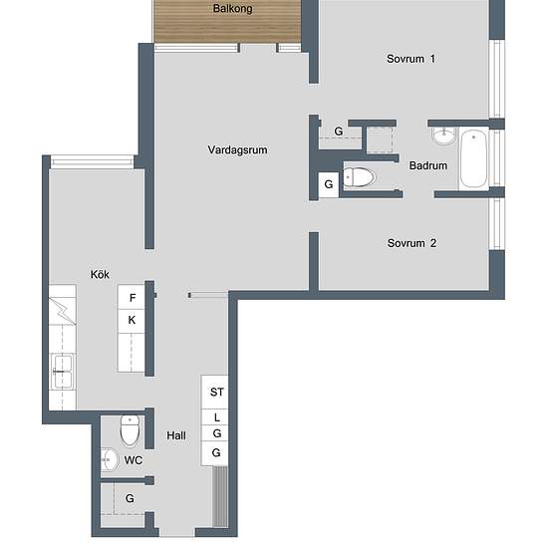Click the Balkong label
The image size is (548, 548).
[x=232, y=8]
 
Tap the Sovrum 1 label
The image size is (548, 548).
[x=411, y=59]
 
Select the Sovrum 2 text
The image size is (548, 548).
[x=411, y=243]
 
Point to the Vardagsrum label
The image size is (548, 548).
[x=237, y=149]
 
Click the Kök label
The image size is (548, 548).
[x=100, y=274]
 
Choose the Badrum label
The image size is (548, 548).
[x=428, y=165]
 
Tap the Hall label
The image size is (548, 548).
[x=176, y=435]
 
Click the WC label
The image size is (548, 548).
[x=134, y=460]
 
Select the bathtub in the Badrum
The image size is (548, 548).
[x=473, y=159]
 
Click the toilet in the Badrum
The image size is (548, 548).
[x=359, y=177]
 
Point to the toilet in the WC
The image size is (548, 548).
[x=130, y=430]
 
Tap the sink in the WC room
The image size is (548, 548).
[x=110, y=459]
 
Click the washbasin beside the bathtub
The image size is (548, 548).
[x=443, y=136]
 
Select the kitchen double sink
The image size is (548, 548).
[x=63, y=372]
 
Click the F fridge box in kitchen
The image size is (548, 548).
[x=132, y=298]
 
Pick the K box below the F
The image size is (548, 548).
[x=132, y=321]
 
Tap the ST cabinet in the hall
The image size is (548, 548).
[x=215, y=393]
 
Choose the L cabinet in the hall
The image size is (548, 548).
[x=215, y=416]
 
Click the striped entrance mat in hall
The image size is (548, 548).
[x=220, y=496]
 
